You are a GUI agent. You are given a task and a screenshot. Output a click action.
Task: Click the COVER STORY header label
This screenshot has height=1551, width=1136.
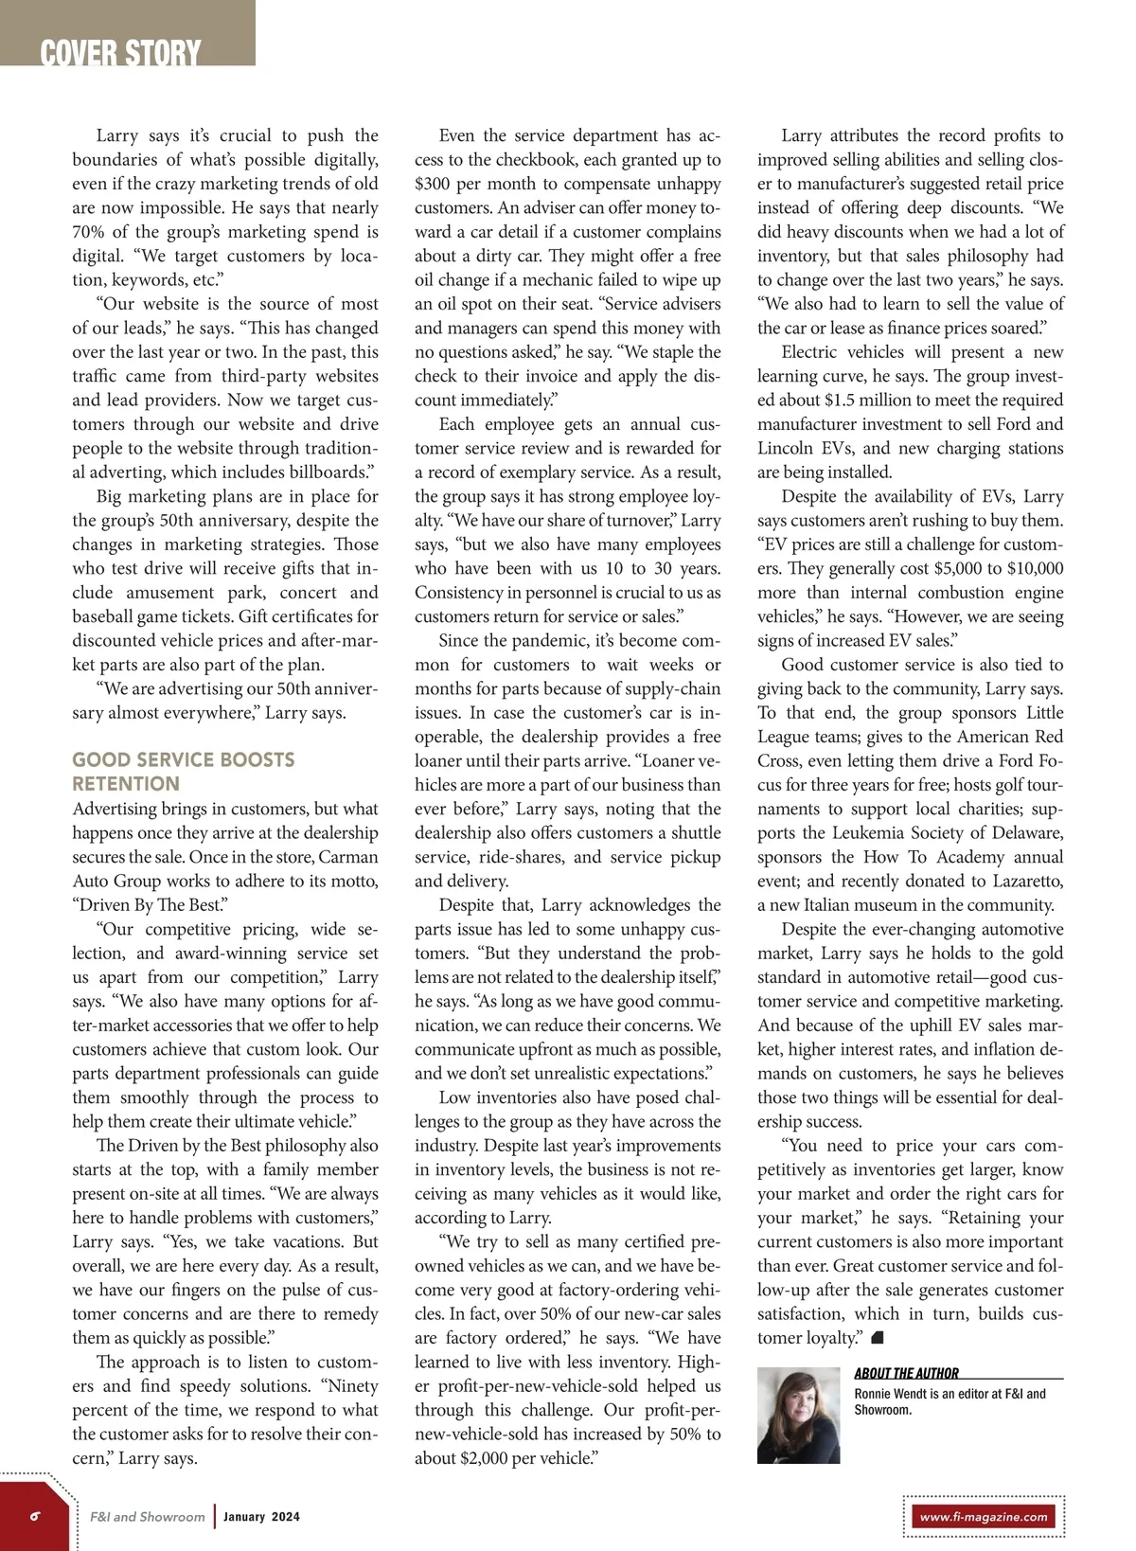120,52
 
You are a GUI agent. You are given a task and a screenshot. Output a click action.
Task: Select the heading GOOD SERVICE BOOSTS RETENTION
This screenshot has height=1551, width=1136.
183,772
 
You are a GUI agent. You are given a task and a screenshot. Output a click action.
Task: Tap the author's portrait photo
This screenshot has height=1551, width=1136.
799,1416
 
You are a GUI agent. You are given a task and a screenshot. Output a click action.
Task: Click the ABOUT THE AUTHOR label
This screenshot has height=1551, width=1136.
906,1373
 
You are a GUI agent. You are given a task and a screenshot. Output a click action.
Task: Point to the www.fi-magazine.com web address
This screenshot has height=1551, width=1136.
984,1516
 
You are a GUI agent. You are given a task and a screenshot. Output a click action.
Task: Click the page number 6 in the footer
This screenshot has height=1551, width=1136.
35,1515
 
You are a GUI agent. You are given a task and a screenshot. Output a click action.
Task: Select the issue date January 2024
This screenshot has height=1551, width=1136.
261,1516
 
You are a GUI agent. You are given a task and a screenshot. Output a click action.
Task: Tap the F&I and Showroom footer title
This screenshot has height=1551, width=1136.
147,1516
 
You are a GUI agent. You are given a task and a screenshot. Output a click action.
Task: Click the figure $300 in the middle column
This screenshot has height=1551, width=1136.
432,184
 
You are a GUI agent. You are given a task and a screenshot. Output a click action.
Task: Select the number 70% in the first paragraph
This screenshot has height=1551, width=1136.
87,232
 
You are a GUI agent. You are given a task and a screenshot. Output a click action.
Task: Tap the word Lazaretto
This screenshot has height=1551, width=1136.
1017,881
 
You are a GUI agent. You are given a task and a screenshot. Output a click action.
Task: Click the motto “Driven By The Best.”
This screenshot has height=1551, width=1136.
150,905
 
